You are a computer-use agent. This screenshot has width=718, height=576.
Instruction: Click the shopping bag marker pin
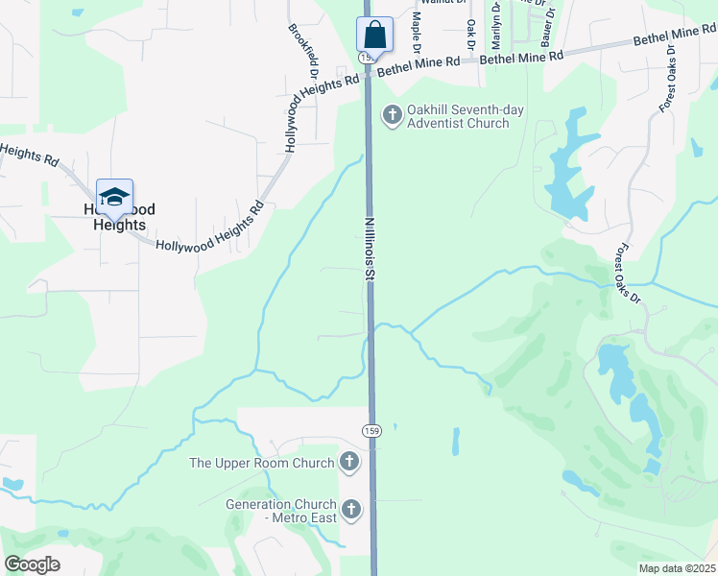375,36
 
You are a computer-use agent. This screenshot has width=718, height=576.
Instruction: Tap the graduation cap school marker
114,197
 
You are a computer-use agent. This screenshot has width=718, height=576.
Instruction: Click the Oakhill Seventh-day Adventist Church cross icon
392,116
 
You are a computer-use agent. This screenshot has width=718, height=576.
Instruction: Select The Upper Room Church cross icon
349,463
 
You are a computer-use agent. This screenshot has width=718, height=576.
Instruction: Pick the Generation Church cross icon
351,510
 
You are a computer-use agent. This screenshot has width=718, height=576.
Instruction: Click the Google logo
32,564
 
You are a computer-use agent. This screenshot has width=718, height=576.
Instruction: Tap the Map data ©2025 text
677,568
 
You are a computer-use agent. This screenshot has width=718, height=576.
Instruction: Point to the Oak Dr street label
471,35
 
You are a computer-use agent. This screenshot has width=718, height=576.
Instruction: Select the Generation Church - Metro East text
280,511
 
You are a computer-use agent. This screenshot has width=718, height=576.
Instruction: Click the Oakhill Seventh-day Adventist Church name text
465,117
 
